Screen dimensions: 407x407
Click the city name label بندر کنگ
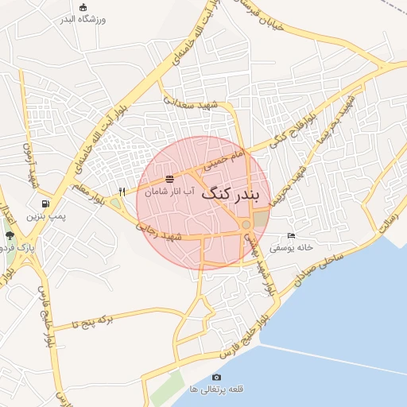click(x=236, y=193)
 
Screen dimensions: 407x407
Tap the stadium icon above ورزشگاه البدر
click(x=83, y=6)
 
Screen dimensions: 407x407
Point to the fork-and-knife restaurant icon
click(x=122, y=191)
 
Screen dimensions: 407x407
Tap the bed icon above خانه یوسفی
click(x=291, y=236)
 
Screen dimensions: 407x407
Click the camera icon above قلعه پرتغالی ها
click(x=216, y=377)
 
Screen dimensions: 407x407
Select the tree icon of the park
click(x=10, y=236)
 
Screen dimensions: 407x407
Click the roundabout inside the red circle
click(x=247, y=225)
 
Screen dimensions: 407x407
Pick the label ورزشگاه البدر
click(x=83, y=18)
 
